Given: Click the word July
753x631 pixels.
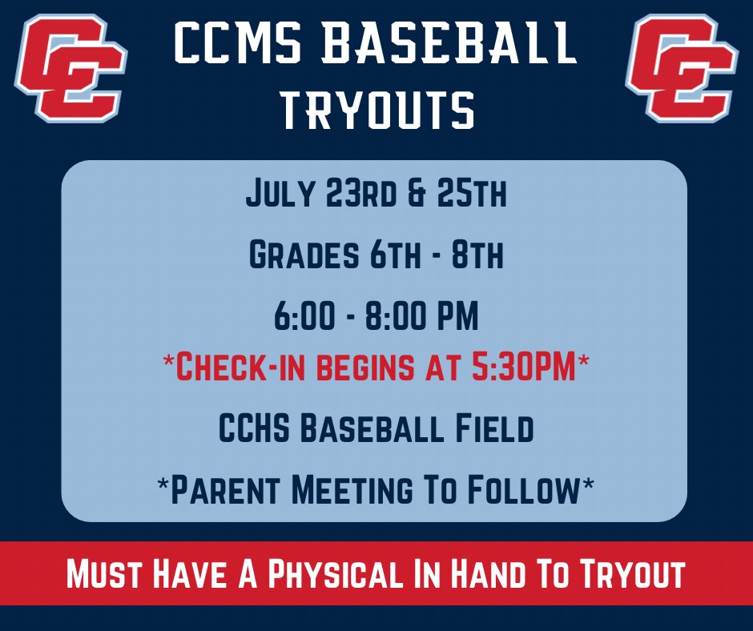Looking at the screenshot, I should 281,195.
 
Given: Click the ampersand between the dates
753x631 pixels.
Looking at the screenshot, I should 416,195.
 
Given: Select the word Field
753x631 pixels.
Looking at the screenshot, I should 492,429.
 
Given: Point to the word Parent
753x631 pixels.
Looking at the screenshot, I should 229,490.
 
